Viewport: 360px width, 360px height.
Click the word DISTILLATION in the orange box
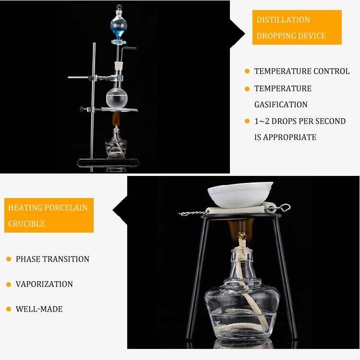pos(283,20)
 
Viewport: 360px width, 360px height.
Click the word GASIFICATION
pos(281,105)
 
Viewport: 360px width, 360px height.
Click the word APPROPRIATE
pos(289,137)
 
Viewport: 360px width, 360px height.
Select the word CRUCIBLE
pos(26,224)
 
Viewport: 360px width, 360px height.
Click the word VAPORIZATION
pos(44,284)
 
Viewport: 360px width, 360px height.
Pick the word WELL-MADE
pos(39,309)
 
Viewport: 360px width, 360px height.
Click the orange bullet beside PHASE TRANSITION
pos(9,260)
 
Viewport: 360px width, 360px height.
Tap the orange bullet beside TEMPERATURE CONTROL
pos(247,71)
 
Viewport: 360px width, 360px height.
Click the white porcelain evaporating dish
pos(240,195)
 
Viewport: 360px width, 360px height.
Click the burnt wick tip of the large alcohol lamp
pos(241,236)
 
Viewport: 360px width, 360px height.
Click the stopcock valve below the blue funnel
pos(119,42)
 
